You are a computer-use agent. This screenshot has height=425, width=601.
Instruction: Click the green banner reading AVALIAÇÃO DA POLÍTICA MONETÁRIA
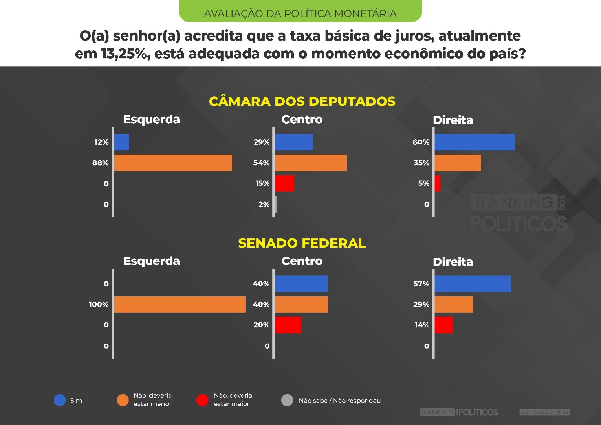tap(300, 12)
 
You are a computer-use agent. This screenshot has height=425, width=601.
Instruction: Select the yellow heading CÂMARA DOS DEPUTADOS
tap(302, 102)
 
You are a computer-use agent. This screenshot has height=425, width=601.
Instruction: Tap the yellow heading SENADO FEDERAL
tap(302, 243)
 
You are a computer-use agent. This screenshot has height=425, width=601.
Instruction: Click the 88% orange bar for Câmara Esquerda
tap(173, 163)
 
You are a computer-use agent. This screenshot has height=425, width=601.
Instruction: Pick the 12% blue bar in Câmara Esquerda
tap(122, 142)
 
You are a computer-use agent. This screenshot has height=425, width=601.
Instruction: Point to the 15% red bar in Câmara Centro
tap(284, 183)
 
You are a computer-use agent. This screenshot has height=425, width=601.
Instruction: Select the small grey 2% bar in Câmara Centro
tap(276, 204)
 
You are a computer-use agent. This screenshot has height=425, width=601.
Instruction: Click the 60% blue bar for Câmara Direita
tap(475, 142)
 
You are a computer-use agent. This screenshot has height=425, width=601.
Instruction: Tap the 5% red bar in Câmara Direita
tap(438, 183)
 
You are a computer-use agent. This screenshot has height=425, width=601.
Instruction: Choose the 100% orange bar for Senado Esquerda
tap(180, 305)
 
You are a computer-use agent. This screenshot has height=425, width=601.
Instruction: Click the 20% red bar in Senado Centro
tap(288, 325)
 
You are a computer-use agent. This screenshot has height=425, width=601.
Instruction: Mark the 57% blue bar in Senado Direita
tap(473, 284)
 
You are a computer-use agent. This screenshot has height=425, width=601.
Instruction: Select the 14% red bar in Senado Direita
tap(443, 325)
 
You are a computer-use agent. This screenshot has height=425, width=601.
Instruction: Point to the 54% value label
tap(262, 163)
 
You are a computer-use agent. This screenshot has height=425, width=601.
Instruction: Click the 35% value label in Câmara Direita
tap(421, 163)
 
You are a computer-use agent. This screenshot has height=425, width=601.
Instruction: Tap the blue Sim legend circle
tap(60, 400)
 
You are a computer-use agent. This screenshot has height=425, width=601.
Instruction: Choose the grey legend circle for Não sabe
tap(287, 400)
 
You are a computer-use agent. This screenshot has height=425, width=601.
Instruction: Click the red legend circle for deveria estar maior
tap(202, 400)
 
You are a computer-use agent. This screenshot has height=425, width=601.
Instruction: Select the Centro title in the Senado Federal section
tap(302, 261)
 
